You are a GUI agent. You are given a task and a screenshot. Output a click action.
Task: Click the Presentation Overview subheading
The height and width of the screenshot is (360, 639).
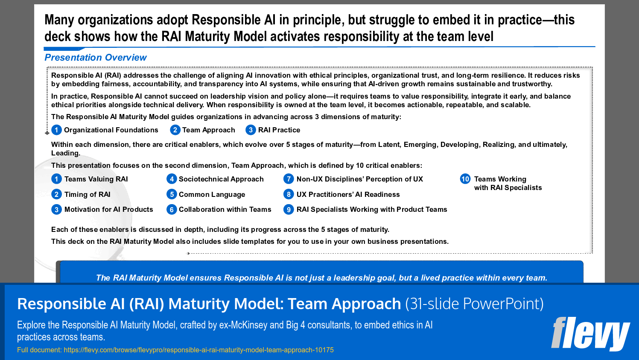coord(95,58)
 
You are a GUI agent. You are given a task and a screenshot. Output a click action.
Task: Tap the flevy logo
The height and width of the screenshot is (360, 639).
coord(590,334)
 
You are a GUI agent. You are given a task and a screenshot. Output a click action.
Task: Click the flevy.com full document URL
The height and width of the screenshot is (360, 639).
coord(198,350)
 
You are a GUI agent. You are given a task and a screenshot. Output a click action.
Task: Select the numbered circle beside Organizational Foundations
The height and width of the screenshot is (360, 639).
coord(56,130)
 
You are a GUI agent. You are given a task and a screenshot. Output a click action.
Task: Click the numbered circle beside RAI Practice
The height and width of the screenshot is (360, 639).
coord(251,130)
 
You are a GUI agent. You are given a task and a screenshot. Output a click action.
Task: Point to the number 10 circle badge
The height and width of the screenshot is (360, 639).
coord(465,179)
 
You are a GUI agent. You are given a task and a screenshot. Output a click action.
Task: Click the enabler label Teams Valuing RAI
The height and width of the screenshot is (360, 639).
coord(96,179)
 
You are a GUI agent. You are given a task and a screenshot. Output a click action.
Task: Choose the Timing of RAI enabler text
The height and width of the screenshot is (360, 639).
coord(87,195)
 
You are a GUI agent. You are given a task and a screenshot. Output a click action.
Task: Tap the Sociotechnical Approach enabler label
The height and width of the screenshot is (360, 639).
coord(221,179)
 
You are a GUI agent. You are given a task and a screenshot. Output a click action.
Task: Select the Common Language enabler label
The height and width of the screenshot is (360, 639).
coord(212,195)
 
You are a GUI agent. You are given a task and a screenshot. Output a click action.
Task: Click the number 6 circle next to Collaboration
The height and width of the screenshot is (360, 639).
coord(172,210)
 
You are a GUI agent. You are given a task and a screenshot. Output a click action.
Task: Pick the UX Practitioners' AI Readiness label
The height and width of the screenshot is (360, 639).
coord(348,195)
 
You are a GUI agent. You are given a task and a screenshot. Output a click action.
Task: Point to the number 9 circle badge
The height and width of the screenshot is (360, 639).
coord(289,210)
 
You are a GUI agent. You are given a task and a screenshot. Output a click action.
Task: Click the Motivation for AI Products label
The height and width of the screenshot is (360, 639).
coord(108,210)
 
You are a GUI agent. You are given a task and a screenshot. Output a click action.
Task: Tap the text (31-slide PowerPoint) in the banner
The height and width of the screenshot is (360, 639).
coord(474,304)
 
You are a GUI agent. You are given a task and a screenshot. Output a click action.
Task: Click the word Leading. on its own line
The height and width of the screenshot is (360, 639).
coord(65,153)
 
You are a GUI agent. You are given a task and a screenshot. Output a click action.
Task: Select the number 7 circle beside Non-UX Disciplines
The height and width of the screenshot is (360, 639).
coord(289,179)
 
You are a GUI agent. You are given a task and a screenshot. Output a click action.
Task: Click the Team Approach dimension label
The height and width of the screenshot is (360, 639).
coord(208,130)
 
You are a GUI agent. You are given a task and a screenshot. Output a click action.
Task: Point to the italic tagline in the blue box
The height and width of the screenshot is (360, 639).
coord(321,278)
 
